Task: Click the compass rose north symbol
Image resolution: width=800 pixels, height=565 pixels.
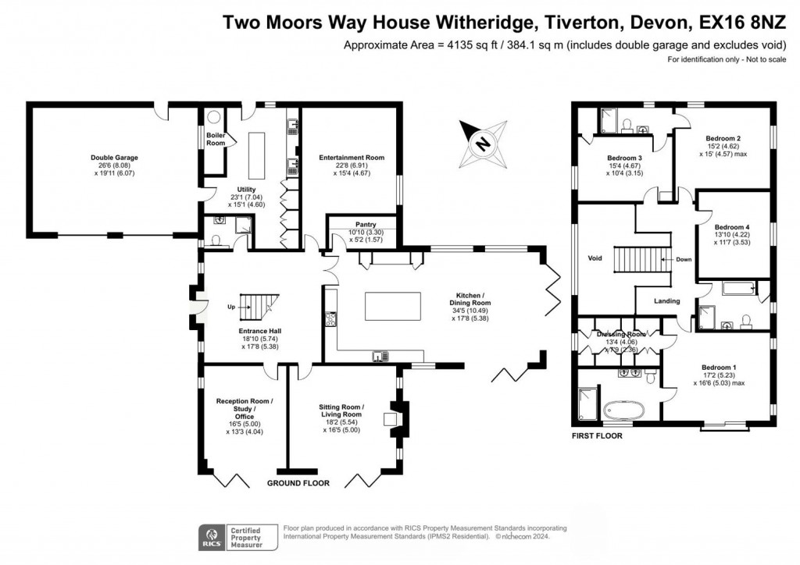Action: pyautogui.click(x=484, y=144)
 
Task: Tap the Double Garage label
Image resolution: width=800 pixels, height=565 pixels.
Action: pyautogui.click(x=114, y=158)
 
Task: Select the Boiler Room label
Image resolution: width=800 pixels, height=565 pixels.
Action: pyautogui.click(x=216, y=139)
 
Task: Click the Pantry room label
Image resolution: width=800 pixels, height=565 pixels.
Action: pyautogui.click(x=366, y=224)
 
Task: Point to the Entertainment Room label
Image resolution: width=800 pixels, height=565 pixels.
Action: pyautogui.click(x=352, y=158)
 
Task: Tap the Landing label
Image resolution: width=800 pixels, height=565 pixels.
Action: pyautogui.click(x=667, y=301)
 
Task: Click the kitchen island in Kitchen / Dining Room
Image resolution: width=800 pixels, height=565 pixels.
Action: pyautogui.click(x=392, y=306)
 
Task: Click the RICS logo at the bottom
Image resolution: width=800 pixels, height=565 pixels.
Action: pyautogui.click(x=210, y=536)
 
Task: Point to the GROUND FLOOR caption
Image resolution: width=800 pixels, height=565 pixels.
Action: pyautogui.click(x=298, y=484)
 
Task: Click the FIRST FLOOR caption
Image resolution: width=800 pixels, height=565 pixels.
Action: pyautogui.click(x=596, y=436)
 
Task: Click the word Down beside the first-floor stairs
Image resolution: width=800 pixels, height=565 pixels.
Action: pyautogui.click(x=684, y=259)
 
